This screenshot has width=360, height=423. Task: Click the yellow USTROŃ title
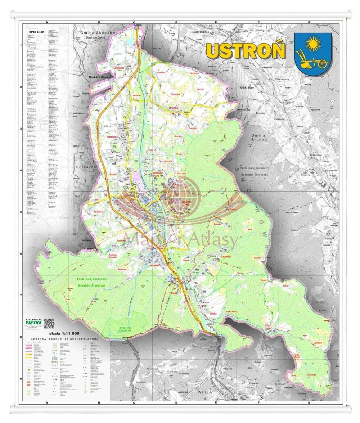(246, 51)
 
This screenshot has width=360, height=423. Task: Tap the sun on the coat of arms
(312, 44)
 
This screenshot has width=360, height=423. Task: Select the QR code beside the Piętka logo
(49, 323)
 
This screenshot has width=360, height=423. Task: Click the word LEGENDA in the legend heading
(39, 339)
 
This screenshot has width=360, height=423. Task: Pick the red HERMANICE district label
(112, 137)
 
